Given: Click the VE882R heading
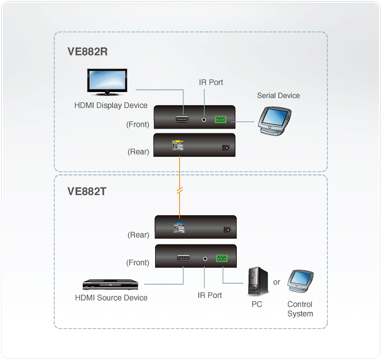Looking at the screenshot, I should pyautogui.click(x=87, y=52).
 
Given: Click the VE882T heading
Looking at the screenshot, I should pyautogui.click(x=87, y=191).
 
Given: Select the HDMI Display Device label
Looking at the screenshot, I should pyautogui.click(x=111, y=105).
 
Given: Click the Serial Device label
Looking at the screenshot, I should pyautogui.click(x=278, y=95).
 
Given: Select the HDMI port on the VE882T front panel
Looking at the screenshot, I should pyautogui.click(x=183, y=259).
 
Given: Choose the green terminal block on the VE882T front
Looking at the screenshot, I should pyautogui.click(x=223, y=259).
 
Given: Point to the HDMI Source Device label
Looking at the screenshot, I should pyautogui.click(x=111, y=297).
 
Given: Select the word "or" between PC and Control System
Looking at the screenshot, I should pyautogui.click(x=276, y=282).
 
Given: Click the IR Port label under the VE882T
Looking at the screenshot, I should pyautogui.click(x=210, y=295).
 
